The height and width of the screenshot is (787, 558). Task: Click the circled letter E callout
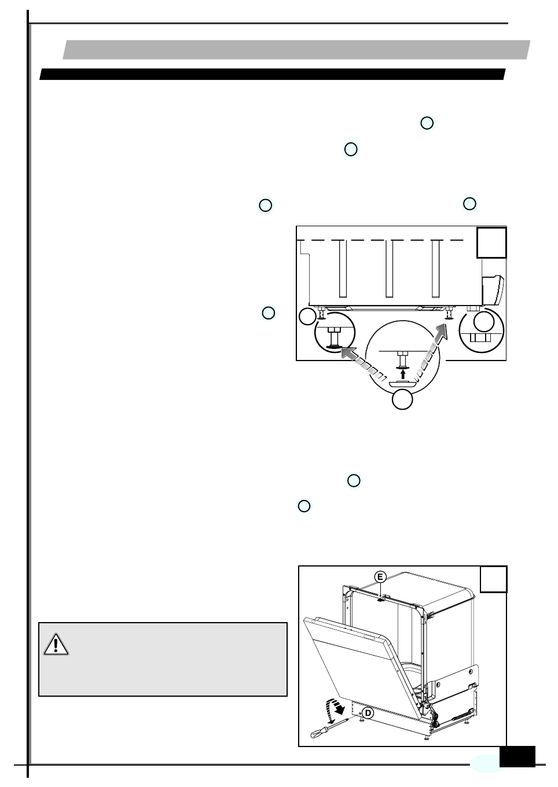380,577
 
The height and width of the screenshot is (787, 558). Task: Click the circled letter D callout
368,712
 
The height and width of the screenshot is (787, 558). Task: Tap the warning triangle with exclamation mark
56,644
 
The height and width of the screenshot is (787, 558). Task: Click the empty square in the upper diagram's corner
491,242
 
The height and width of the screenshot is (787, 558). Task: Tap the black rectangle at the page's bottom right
517,756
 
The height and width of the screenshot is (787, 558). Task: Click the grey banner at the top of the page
296,50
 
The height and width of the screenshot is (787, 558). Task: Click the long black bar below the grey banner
272,75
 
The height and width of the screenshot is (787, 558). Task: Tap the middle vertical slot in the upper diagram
390,269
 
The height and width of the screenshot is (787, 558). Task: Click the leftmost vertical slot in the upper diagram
343,269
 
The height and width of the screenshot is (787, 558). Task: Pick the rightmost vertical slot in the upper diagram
436,269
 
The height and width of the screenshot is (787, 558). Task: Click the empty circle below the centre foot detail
403,400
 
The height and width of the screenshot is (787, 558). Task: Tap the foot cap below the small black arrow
403,383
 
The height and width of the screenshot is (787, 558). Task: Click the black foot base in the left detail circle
333,347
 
